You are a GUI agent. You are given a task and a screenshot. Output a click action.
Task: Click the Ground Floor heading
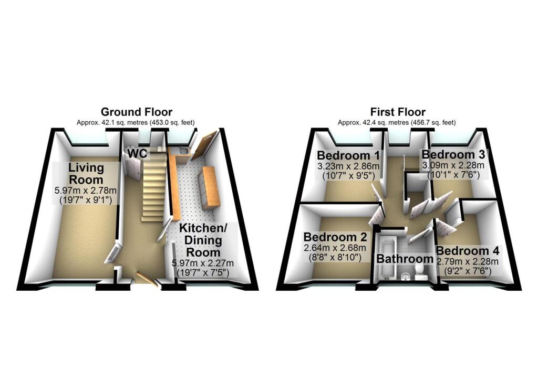136,112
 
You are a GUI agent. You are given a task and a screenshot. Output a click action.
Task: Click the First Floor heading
398,112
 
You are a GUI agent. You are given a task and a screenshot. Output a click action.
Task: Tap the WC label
138,153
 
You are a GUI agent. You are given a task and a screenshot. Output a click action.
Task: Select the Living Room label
86,173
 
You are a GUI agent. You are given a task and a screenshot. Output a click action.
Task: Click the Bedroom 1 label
348,155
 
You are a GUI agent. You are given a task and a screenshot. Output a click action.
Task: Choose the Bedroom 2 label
335,237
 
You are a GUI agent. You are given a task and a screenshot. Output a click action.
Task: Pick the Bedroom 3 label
453,154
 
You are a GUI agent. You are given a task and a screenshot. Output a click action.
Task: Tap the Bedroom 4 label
467,251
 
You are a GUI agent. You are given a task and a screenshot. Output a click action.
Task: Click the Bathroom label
405,259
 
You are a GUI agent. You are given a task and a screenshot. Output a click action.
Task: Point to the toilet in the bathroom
420,271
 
